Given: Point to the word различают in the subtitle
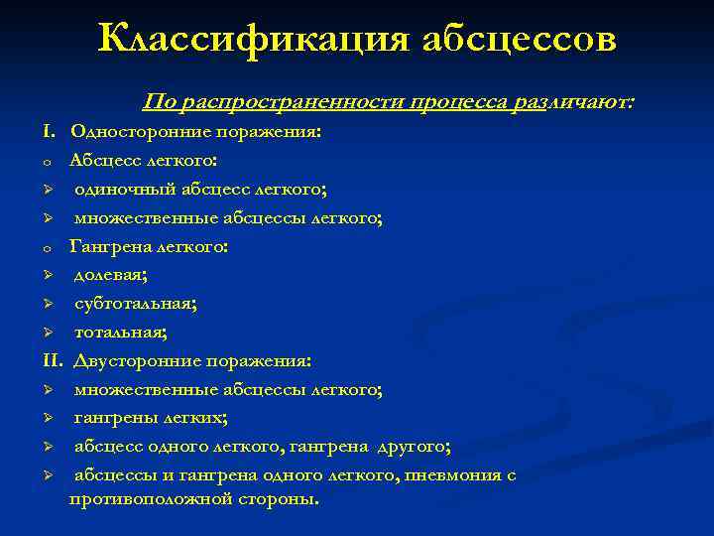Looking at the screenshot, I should [x=571, y=103].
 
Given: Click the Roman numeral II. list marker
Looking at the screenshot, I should [x=53, y=360].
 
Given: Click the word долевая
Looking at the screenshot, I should [x=110, y=275].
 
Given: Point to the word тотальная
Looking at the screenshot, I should [x=120, y=332].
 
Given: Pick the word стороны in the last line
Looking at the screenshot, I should [x=281, y=498].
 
